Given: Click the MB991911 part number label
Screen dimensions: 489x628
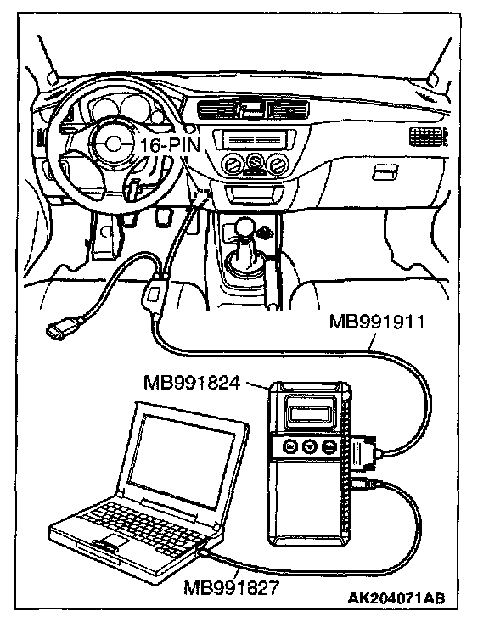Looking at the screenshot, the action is (x=376, y=322).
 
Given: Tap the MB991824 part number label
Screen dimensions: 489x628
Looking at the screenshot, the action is (x=192, y=384).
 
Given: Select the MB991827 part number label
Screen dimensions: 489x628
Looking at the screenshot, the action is (x=231, y=588).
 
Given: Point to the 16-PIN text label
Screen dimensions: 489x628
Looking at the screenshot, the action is (x=170, y=144).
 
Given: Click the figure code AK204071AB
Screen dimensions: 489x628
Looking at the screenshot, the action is (x=396, y=598).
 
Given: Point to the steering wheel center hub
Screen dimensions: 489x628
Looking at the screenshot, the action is (x=112, y=143).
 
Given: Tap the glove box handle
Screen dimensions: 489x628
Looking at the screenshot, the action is (x=385, y=172).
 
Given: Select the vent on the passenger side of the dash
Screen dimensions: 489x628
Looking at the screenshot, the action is (x=428, y=137).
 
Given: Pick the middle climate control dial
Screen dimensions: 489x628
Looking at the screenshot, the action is (x=254, y=164).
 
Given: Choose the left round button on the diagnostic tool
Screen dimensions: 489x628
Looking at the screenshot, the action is (x=290, y=446).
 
